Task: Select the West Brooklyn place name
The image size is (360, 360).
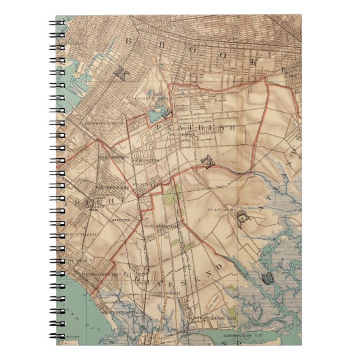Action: (x=114, y=157)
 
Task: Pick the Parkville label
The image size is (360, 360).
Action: (x=146, y=183)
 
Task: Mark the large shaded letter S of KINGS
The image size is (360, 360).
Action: (x=269, y=277)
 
